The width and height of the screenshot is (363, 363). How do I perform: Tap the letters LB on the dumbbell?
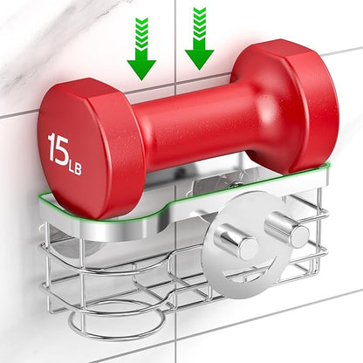[74, 168]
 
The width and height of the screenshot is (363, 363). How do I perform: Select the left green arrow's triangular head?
[141, 70]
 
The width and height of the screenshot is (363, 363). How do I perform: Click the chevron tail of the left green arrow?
[141, 38]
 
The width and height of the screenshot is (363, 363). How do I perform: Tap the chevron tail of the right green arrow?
[200, 28]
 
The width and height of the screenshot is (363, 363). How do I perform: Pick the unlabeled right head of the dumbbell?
[285, 106]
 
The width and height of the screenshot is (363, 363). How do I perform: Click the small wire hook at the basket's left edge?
[43, 229]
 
